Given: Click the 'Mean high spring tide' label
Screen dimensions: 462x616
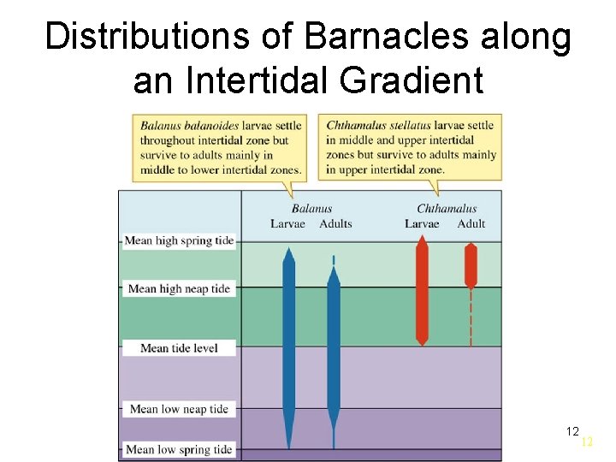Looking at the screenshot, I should (x=179, y=240).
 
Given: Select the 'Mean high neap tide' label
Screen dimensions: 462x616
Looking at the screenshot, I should (x=179, y=288).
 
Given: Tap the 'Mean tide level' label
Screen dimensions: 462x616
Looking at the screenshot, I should (x=179, y=348).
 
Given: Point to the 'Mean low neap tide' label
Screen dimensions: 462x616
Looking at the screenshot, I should (x=179, y=409).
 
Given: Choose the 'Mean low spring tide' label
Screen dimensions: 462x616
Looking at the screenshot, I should (x=179, y=449).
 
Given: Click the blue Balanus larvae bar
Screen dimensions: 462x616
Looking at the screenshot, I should (x=289, y=342).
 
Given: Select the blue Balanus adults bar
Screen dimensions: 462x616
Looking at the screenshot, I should (x=334, y=351).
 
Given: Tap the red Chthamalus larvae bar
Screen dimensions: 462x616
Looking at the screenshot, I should (x=421, y=291).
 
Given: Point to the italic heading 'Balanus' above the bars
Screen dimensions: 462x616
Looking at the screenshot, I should (x=311, y=208).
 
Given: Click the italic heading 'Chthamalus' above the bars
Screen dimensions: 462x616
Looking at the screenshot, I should (x=447, y=208).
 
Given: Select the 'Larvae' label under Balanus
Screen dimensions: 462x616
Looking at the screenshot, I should (x=287, y=224).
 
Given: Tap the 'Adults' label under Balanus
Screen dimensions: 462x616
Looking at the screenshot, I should (x=335, y=224).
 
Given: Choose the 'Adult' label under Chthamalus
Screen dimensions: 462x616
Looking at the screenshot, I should (x=471, y=224).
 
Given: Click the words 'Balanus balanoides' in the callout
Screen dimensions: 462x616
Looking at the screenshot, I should (x=189, y=126).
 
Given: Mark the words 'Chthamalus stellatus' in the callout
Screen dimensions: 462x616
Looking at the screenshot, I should (x=378, y=126).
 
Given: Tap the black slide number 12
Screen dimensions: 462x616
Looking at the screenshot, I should (x=572, y=431).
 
